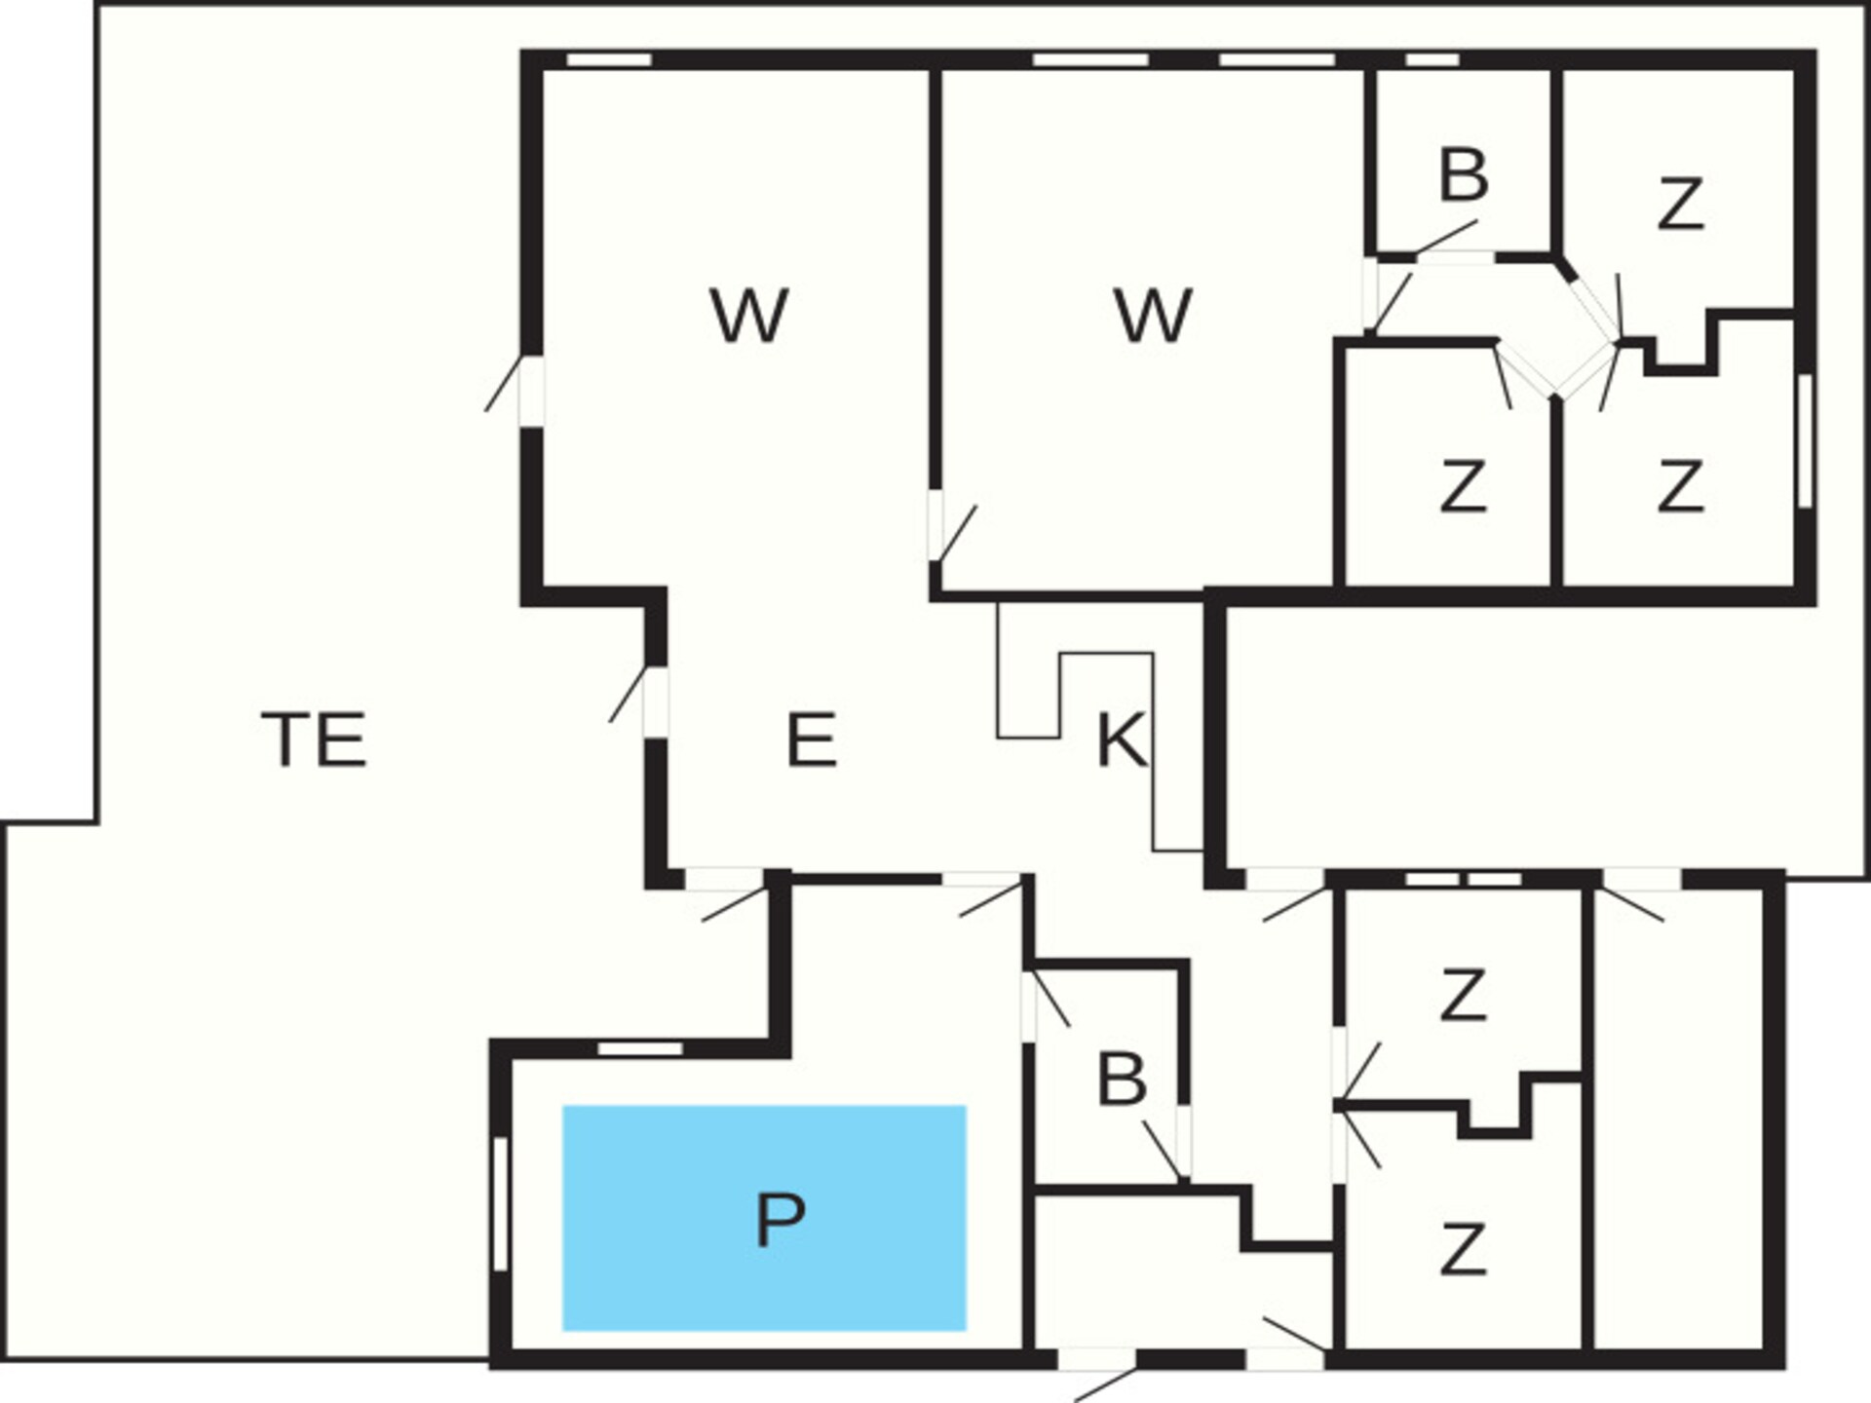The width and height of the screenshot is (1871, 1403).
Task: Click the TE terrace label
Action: (x=314, y=739)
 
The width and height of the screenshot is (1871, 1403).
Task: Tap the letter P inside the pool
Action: (x=780, y=1219)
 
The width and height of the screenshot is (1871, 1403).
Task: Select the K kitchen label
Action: (x=1121, y=739)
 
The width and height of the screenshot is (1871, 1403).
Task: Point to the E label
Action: (x=811, y=739)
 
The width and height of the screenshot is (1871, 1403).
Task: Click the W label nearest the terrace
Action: (x=748, y=316)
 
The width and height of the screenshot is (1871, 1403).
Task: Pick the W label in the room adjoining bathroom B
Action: (x=1152, y=316)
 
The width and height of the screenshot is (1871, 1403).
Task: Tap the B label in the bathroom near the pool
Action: (x=1122, y=1080)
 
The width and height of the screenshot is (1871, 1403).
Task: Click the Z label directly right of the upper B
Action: (x=1680, y=204)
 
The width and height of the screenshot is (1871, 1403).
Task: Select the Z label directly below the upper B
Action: (x=1463, y=486)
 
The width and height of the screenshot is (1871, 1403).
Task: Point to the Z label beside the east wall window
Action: (x=1680, y=486)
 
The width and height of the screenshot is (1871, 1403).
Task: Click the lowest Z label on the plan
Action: (x=1463, y=1250)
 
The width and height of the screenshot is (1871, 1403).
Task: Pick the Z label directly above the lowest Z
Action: (x=1463, y=995)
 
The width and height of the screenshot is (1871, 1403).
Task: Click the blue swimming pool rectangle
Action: (x=764, y=1218)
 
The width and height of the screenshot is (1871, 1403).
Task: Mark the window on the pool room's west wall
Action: (x=500, y=1204)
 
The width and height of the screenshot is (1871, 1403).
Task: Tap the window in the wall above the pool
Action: (x=640, y=1048)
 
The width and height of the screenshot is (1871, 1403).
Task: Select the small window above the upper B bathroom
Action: (x=1432, y=59)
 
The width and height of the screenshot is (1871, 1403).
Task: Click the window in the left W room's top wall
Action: (x=609, y=59)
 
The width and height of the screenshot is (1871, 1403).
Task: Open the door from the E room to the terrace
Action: (x=655, y=701)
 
